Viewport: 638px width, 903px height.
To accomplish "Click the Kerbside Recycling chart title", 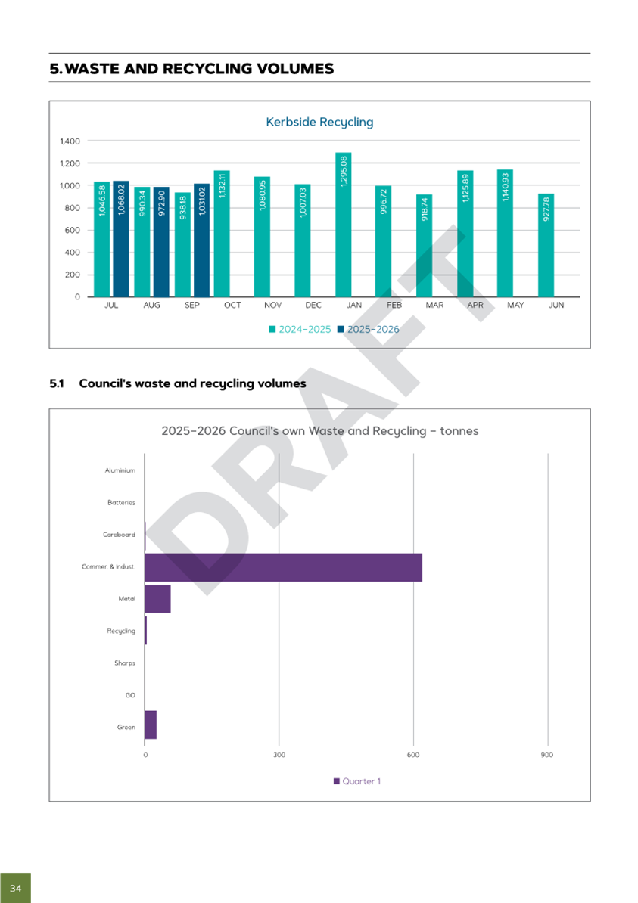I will [x=319, y=122].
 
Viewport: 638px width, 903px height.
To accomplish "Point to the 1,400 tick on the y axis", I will [x=69, y=141].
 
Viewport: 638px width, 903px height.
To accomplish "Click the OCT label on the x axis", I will [x=232, y=306].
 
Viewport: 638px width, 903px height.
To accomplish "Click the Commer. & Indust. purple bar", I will [x=283, y=567].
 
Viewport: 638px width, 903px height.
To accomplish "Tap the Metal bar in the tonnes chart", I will [x=157, y=599].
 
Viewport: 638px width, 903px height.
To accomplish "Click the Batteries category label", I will [x=121, y=502].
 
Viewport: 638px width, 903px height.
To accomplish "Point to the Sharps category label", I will [x=125, y=663].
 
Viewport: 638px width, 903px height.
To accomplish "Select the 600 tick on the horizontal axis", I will [x=413, y=755].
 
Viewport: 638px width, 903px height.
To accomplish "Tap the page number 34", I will [x=15, y=887].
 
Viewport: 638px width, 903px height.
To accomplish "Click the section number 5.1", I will [x=56, y=383].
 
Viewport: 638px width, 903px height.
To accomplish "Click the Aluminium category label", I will [x=120, y=470].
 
